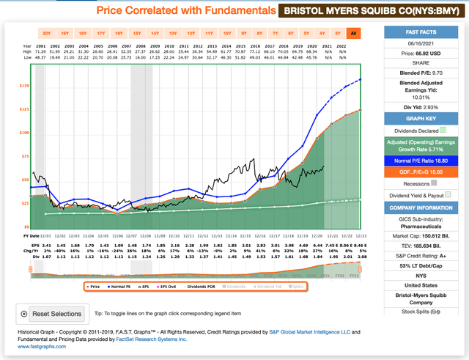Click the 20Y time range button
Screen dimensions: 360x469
(x=47, y=33)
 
